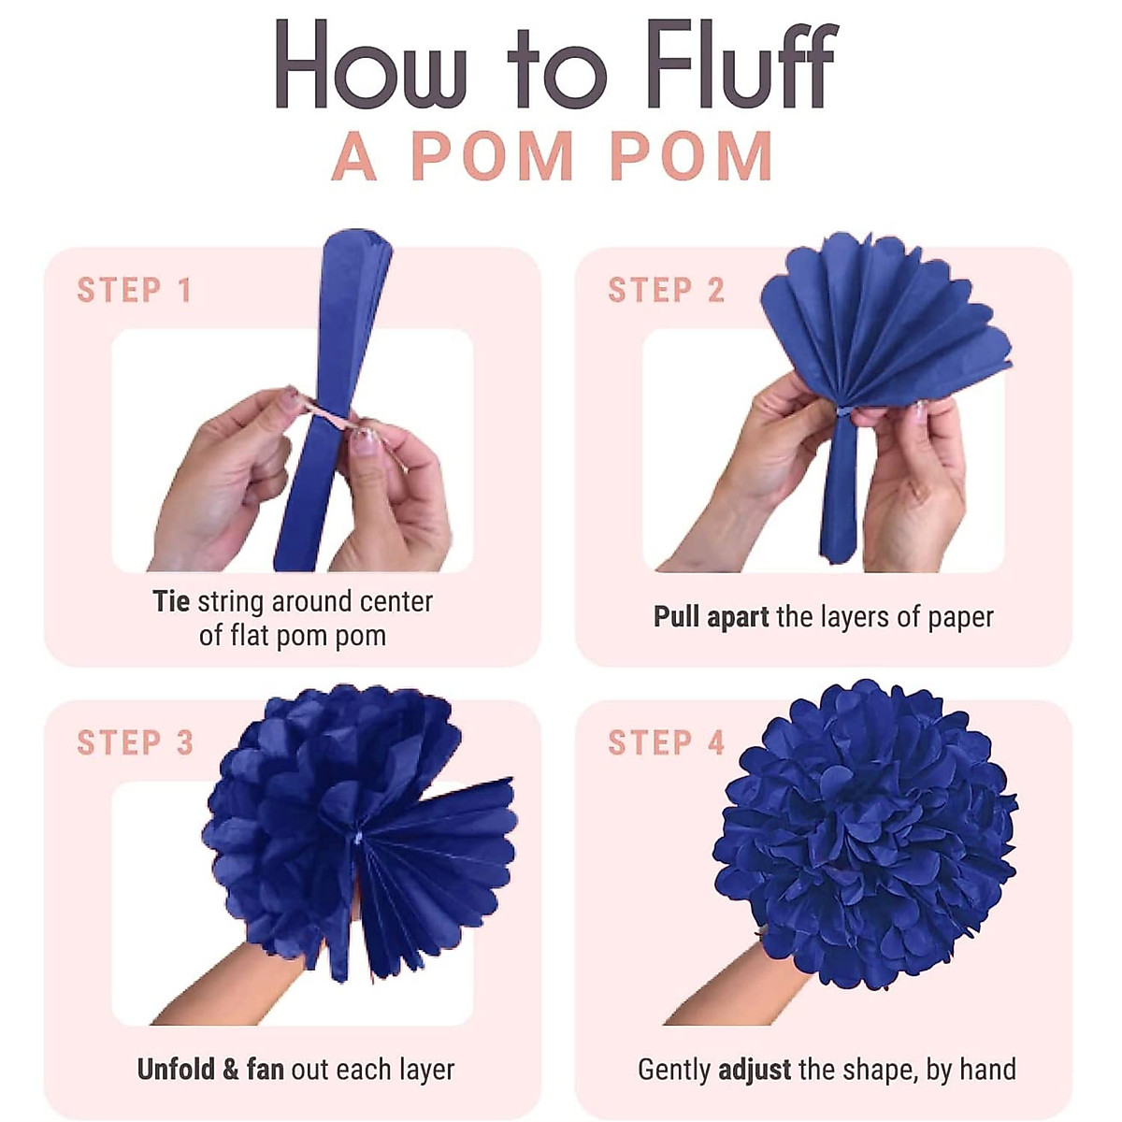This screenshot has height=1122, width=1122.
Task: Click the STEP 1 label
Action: tap(135, 291)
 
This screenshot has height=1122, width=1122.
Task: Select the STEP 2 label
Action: tap(666, 291)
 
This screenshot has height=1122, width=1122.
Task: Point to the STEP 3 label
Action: tap(135, 743)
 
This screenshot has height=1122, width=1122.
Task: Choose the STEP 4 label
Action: tap(666, 743)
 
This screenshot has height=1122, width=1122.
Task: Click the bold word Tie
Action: tap(171, 601)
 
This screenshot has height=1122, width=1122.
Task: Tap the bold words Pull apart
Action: tap(711, 617)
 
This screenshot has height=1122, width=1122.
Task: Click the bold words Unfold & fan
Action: tap(210, 1070)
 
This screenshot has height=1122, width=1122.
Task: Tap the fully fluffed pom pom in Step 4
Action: tap(865, 832)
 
